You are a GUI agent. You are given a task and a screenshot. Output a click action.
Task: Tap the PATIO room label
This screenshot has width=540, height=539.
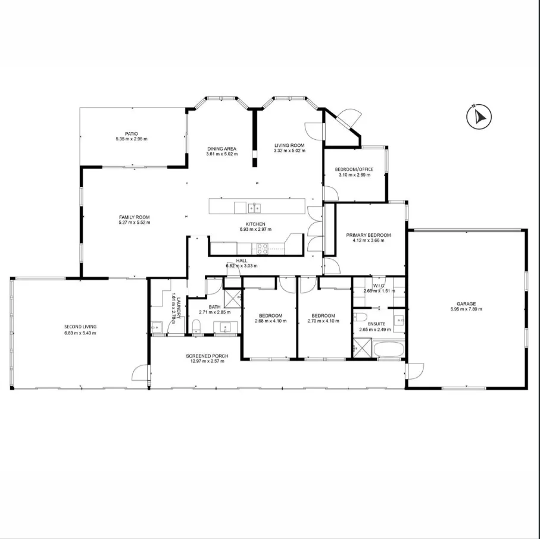coord(132,134)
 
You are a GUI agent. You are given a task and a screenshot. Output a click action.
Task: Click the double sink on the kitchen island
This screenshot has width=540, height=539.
coord(254,208)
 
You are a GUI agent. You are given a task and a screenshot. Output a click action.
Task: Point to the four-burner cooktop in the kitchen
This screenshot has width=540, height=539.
coord(263,248)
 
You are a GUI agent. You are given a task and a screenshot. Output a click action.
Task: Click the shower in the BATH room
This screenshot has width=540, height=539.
coord(233,296)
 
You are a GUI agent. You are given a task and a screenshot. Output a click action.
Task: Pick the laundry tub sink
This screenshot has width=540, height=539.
coord(157,327)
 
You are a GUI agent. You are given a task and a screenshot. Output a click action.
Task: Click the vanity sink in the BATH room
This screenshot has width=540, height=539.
coord(226,326)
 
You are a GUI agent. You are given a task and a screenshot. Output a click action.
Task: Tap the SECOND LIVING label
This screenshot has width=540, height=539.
coord(80,327)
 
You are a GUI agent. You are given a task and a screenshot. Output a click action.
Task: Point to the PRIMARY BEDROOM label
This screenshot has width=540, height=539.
coord(369,236)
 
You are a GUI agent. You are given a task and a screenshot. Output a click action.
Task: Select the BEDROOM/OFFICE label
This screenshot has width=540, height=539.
coord(355,170)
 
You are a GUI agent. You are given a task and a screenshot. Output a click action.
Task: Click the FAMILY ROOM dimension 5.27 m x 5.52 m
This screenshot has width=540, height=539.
coord(134,223)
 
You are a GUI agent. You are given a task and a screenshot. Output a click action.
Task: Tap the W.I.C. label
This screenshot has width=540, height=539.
coord(379,286)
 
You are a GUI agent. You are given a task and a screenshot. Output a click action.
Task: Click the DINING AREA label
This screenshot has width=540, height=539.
coord(222,149)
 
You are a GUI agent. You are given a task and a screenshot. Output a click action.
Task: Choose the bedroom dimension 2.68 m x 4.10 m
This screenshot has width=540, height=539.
coord(270,321)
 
